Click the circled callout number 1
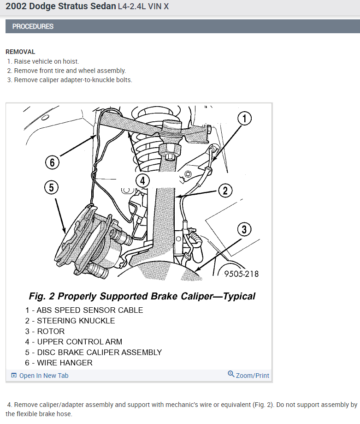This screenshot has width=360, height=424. (x=244, y=119)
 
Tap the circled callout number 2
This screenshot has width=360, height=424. (x=225, y=190)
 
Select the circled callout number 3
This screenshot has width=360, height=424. (x=244, y=229)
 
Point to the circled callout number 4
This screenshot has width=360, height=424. (x=143, y=180)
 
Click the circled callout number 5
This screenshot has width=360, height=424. (x=52, y=187)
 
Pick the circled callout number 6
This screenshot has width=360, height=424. (x=52, y=162)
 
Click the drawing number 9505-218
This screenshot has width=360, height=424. (x=241, y=274)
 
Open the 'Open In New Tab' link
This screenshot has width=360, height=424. (x=43, y=376)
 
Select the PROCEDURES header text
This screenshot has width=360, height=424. (x=33, y=26)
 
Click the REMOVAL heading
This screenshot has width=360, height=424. (x=20, y=52)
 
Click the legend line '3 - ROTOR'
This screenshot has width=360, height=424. (x=45, y=331)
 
